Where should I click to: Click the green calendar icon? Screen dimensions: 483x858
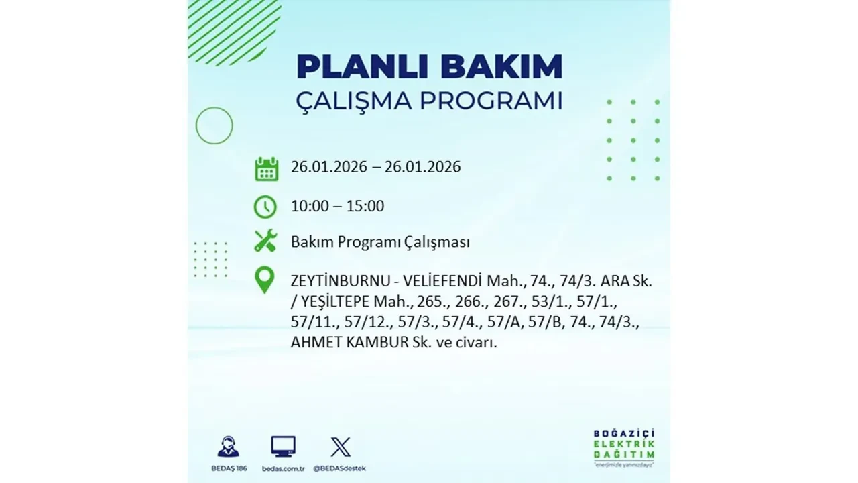tap(266, 168)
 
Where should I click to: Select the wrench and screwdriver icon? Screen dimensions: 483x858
tap(265, 241)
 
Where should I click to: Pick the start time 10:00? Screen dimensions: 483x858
tap(310, 206)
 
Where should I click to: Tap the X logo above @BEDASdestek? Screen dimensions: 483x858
tap(341, 447)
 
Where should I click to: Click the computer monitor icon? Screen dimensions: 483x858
tap(283, 446)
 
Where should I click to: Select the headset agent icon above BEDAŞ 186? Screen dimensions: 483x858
tap(228, 447)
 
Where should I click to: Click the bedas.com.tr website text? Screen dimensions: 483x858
tap(283, 468)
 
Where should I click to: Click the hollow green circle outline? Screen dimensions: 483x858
tap(214, 125)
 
